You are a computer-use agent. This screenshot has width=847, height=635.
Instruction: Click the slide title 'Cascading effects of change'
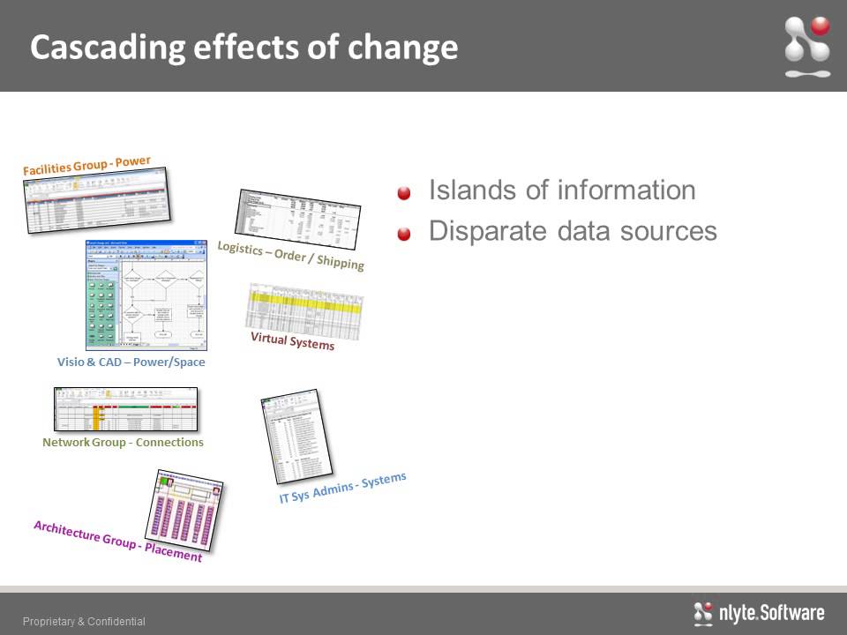[x=244, y=47]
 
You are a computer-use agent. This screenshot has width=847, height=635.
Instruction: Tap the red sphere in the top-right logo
[x=821, y=26]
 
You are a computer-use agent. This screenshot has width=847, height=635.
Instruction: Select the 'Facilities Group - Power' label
[x=86, y=165]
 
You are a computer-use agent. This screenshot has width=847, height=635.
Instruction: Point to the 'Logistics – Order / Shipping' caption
[x=291, y=256]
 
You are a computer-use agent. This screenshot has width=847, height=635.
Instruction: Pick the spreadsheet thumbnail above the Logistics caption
[x=298, y=220]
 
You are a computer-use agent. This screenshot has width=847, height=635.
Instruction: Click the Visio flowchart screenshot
[x=148, y=294]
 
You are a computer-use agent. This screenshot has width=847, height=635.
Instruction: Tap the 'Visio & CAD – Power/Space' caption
[x=131, y=362]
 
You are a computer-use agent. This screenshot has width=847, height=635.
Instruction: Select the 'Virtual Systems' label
[x=292, y=340]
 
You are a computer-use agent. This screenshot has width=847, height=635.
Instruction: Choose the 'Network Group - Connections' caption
[x=123, y=442]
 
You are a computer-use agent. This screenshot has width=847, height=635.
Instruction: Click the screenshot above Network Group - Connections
[x=125, y=408]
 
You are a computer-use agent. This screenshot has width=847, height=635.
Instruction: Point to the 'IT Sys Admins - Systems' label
[x=342, y=489]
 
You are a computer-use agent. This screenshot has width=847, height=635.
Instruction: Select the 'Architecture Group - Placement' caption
[x=117, y=541]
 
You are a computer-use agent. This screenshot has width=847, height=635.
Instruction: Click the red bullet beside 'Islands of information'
[x=404, y=193]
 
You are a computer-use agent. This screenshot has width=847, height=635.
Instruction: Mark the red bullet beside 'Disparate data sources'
[x=404, y=234]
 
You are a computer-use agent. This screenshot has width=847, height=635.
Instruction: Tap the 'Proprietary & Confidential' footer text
[x=84, y=622]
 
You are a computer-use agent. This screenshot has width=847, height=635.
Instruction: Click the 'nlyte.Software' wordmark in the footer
[x=759, y=613]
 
